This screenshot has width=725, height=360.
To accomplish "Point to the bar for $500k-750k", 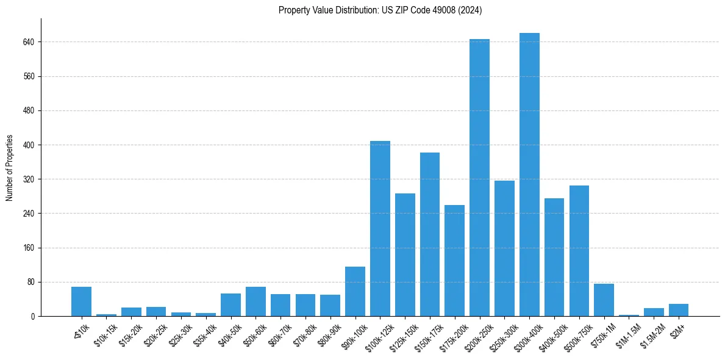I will [579, 251].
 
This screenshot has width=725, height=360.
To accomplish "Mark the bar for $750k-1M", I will [604, 300].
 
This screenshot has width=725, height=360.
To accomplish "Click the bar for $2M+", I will [679, 310].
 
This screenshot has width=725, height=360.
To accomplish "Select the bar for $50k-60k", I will [255, 301].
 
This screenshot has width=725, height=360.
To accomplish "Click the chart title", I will [380, 10].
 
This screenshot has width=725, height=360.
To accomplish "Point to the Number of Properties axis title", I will [10, 167].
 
